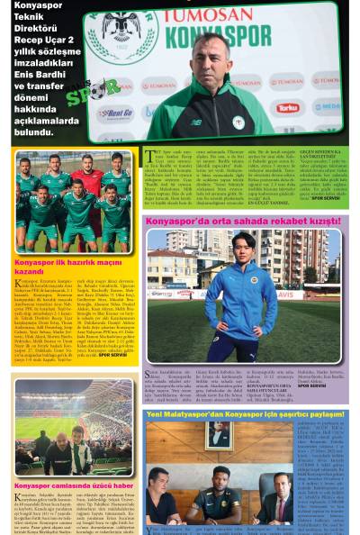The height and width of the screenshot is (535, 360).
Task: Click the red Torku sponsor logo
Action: (287, 106)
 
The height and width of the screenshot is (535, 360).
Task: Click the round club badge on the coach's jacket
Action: (238, 122)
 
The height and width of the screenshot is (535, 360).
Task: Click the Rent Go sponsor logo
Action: (115, 113)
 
